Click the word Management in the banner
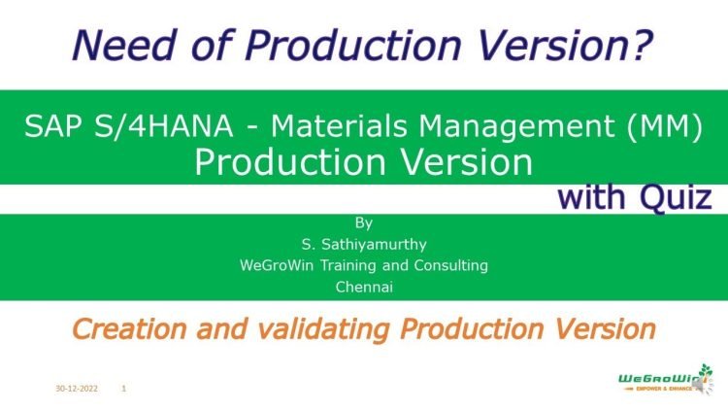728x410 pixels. click(x=519, y=125)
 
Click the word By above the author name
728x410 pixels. click(x=364, y=222)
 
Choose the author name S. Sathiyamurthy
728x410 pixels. click(x=364, y=244)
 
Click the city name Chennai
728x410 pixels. click(x=364, y=287)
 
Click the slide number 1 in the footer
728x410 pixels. click(x=124, y=389)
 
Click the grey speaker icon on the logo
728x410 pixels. click(x=698, y=388)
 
